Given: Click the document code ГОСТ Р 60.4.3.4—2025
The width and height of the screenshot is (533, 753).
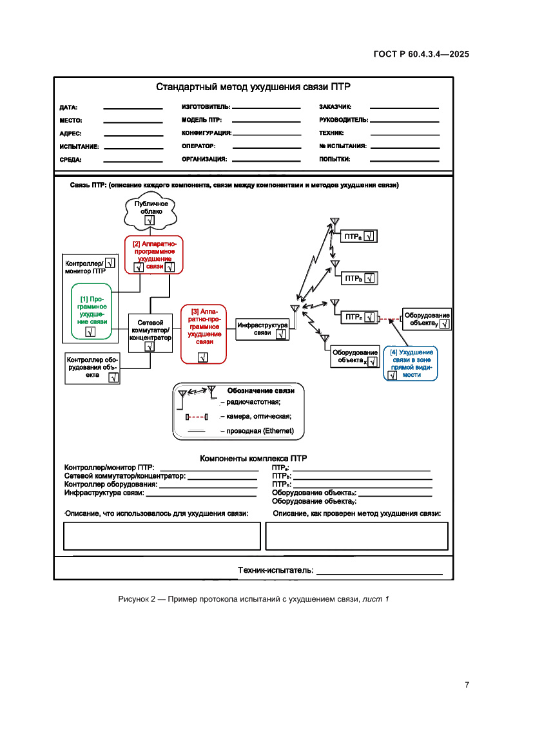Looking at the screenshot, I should click(x=420, y=54).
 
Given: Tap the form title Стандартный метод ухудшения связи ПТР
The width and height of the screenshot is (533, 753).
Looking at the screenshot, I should click(x=253, y=88).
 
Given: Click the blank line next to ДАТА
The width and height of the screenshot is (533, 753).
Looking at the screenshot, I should click(x=133, y=108).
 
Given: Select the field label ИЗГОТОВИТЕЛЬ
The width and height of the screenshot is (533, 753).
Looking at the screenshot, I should click(x=206, y=107).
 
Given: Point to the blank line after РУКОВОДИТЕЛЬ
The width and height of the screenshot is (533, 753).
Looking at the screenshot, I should click(x=405, y=120).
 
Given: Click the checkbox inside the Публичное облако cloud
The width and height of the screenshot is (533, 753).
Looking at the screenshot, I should click(x=150, y=220).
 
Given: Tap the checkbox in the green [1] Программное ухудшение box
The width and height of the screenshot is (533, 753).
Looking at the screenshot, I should click(x=90, y=332).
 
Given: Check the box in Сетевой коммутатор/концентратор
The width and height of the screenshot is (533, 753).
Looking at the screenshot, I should click(x=150, y=346).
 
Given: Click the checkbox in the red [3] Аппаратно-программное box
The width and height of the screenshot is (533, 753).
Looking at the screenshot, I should click(x=203, y=357).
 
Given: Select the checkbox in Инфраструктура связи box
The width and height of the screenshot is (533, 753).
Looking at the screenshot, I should click(x=281, y=334).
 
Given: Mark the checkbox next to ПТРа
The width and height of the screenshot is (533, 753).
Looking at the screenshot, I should click(x=369, y=236).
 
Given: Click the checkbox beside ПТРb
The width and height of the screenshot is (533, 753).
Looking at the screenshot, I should click(x=369, y=278).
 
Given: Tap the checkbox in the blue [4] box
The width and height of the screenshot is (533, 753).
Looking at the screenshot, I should click(x=391, y=375).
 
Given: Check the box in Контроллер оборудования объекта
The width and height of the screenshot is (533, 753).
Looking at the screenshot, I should click(x=113, y=377).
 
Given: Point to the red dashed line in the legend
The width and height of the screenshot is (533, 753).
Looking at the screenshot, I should click(x=197, y=417).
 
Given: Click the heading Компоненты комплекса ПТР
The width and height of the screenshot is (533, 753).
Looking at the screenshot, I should click(x=253, y=459).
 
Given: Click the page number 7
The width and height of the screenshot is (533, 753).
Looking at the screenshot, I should click(x=466, y=685).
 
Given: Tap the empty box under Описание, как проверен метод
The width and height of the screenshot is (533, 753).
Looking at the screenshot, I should click(x=356, y=535).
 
